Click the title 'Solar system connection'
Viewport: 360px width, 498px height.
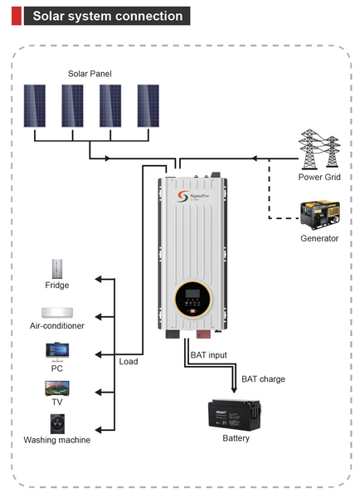tap(105, 16)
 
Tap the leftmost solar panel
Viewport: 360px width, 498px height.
tap(35, 105)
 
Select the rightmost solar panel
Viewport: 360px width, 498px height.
tap(148, 105)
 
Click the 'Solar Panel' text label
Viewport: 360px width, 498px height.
tap(90, 74)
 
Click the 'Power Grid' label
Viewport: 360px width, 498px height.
tap(319, 177)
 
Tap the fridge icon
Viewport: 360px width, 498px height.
tap(57, 268)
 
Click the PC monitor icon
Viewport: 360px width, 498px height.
tap(57, 351)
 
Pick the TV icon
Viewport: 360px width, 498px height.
tap(57, 388)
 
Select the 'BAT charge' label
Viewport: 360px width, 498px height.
tap(263, 379)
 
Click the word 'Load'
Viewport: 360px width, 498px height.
tap(129, 361)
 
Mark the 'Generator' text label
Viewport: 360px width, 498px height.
tap(319, 239)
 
